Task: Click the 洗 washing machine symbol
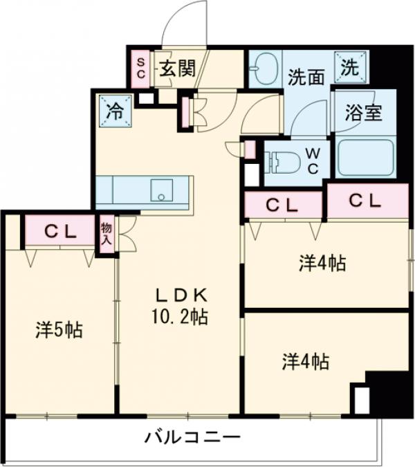(350, 67)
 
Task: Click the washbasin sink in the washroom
(264, 69)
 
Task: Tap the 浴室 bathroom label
(365, 113)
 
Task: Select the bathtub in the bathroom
(365, 157)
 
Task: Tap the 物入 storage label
(107, 233)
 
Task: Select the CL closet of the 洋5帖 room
(60, 232)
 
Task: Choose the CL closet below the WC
(283, 205)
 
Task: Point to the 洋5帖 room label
(59, 330)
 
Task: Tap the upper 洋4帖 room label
(322, 263)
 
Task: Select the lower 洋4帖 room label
(305, 361)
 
